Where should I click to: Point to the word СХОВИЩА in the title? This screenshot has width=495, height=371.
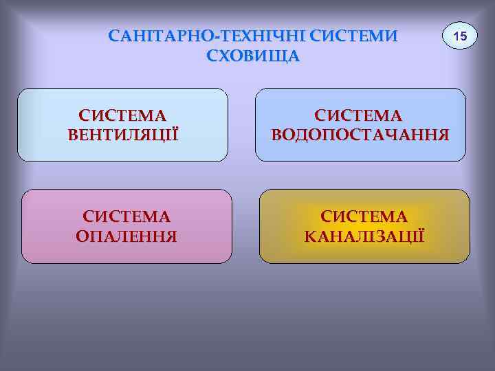point(253,56)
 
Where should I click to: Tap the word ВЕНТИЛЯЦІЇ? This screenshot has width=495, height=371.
point(123,134)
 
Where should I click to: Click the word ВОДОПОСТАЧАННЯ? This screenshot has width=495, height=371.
point(360,134)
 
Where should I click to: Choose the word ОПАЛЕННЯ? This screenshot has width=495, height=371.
point(126,237)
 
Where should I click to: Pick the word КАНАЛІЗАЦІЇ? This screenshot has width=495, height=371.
point(364,237)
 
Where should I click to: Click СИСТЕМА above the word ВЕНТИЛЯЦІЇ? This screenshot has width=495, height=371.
point(123,114)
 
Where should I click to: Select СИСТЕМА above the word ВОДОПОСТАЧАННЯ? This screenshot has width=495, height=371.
point(360,114)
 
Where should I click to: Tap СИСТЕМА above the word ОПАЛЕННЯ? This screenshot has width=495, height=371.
point(126,217)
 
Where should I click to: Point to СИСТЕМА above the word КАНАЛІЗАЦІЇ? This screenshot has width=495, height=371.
point(364,217)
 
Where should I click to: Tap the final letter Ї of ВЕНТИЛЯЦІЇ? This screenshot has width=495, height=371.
point(175,133)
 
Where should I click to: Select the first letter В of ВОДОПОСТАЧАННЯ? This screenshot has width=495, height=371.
point(278,134)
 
